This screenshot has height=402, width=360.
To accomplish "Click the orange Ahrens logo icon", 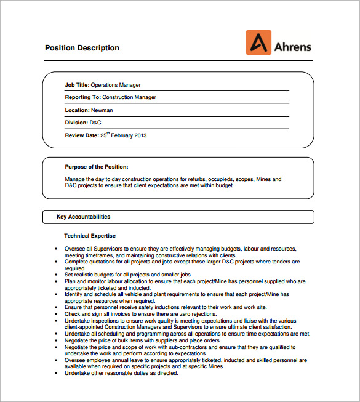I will (x=258, y=43).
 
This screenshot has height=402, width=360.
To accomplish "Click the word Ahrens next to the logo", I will (x=293, y=47).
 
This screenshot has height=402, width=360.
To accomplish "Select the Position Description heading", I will (x=82, y=48).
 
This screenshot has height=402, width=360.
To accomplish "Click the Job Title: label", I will (x=78, y=85).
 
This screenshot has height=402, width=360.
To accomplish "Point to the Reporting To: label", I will (x=82, y=97).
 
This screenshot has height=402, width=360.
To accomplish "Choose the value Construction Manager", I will (x=129, y=97).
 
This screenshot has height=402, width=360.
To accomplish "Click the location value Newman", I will (x=102, y=110).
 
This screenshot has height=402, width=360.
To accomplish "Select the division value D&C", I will (x=95, y=123).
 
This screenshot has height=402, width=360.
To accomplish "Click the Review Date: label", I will (x=82, y=135).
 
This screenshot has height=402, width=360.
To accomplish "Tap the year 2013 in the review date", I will (x=140, y=135).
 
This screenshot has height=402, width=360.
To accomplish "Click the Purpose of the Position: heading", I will (x=97, y=167).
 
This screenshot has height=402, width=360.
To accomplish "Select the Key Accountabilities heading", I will (x=83, y=217).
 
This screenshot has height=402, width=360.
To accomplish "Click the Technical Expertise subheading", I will (x=90, y=236).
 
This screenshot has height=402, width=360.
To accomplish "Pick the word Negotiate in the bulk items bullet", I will (x=78, y=340).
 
